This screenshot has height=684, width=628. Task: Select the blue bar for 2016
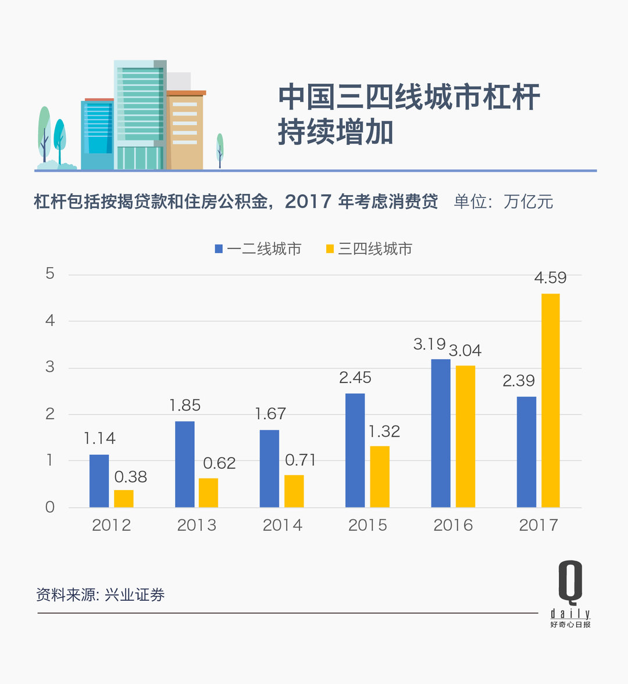pyautogui.click(x=441, y=433)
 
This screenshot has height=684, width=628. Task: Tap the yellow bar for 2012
pyautogui.click(x=124, y=498)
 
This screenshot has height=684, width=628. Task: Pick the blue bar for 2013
pyautogui.click(x=184, y=464)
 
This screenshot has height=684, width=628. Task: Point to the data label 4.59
pyautogui.click(x=550, y=278)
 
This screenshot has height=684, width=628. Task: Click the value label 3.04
pyautogui.click(x=465, y=351)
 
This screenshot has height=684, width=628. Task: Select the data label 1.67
pyautogui.click(x=270, y=414)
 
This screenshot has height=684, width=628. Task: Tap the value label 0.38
pyautogui.click(x=130, y=477)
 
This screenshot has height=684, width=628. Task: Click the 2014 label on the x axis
pyautogui.click(x=283, y=525)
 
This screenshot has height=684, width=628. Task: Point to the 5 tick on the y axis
pyautogui.click(x=50, y=274)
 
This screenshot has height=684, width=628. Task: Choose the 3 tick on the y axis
pyautogui.click(x=50, y=367)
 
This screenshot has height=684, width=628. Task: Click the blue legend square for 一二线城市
pyautogui.click(x=219, y=249)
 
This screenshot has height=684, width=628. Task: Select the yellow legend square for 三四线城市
pyautogui.click(x=330, y=249)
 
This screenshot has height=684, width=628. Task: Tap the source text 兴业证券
pyautogui.click(x=134, y=595)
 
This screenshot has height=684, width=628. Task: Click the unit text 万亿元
pyautogui.click(x=528, y=202)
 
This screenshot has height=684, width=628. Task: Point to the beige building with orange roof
pyautogui.click(x=185, y=131)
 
